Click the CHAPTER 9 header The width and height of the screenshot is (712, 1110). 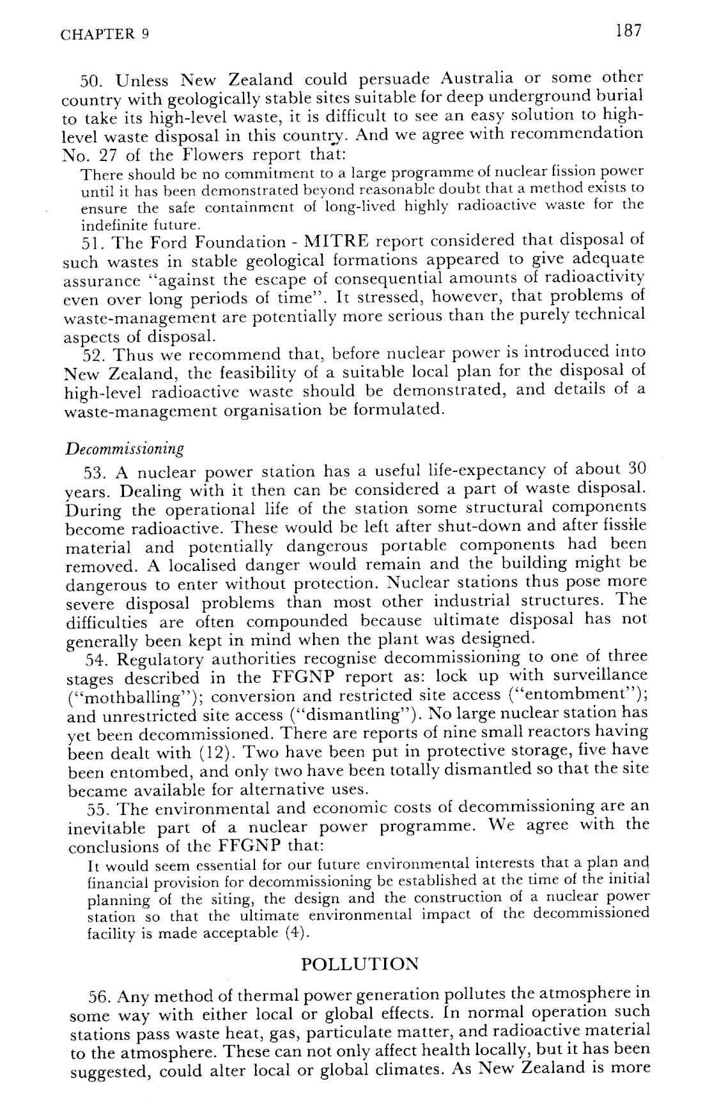click(x=105, y=34)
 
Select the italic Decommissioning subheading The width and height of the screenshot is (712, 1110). click(x=125, y=448)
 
